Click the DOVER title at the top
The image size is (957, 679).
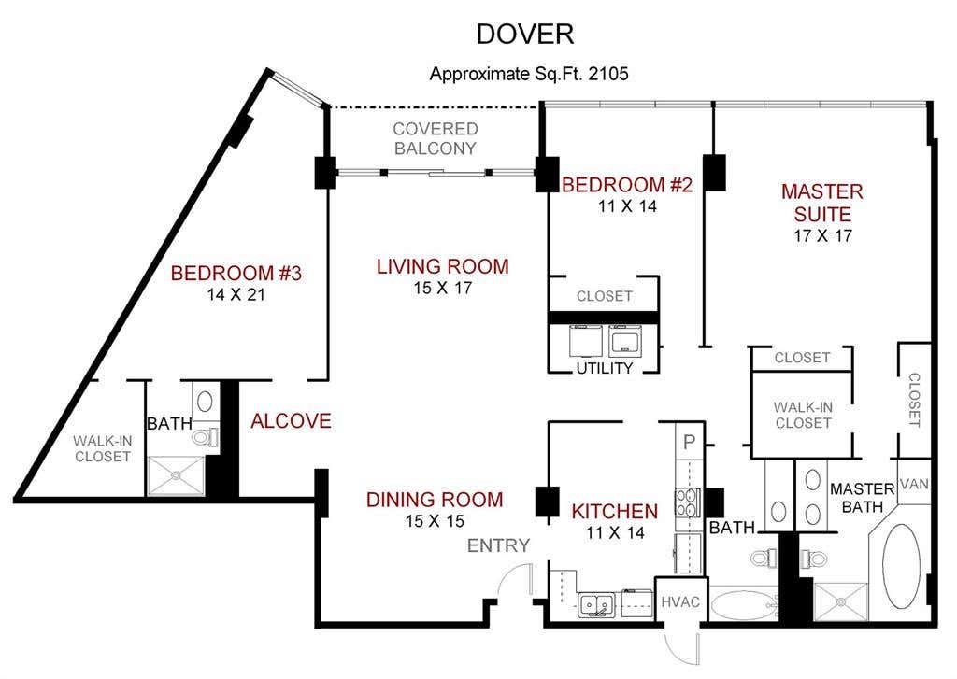[525, 35]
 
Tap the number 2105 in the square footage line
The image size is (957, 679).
[605, 74]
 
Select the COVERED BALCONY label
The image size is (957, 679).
[435, 138]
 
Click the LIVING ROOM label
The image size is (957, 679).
[442, 266]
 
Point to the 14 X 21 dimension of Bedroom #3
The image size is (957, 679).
[236, 294]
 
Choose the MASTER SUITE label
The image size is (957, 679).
[822, 204]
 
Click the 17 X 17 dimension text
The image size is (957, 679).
[822, 235]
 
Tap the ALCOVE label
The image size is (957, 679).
[291, 421]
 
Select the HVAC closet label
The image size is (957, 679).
[680, 602]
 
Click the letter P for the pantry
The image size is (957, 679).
[689, 442]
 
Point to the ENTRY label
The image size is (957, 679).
[499, 545]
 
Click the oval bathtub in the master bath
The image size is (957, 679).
[902, 565]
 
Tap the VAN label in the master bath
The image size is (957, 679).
[914, 485]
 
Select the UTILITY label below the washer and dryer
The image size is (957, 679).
[605, 368]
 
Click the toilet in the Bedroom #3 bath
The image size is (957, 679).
[205, 437]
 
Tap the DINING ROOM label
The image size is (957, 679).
[435, 500]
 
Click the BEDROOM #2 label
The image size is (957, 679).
[627, 185]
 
